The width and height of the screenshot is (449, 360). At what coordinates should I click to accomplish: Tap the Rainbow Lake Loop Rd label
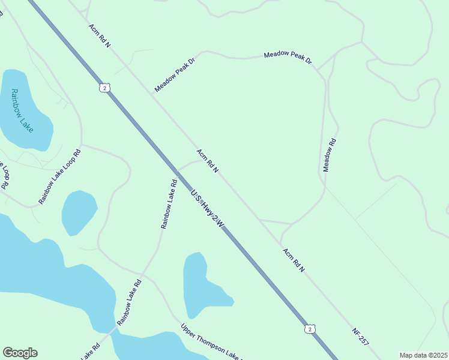tap(59, 177)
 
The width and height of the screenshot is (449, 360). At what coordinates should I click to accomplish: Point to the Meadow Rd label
tap(330, 155)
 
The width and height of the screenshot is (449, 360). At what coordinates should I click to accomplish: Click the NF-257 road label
tap(360, 336)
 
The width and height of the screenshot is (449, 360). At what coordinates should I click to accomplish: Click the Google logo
tap(20, 353)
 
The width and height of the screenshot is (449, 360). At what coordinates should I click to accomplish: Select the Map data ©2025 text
tap(423, 355)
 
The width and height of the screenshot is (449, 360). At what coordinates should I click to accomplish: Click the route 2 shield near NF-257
tap(309, 329)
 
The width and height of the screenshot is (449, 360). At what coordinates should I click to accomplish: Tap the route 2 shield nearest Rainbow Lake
tap(105, 88)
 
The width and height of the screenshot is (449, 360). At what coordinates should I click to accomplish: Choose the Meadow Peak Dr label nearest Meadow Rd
tap(288, 58)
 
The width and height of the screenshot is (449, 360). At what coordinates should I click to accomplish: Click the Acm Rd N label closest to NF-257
tap(294, 260)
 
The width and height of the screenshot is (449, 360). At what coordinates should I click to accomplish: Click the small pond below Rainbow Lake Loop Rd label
tap(79, 212)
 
